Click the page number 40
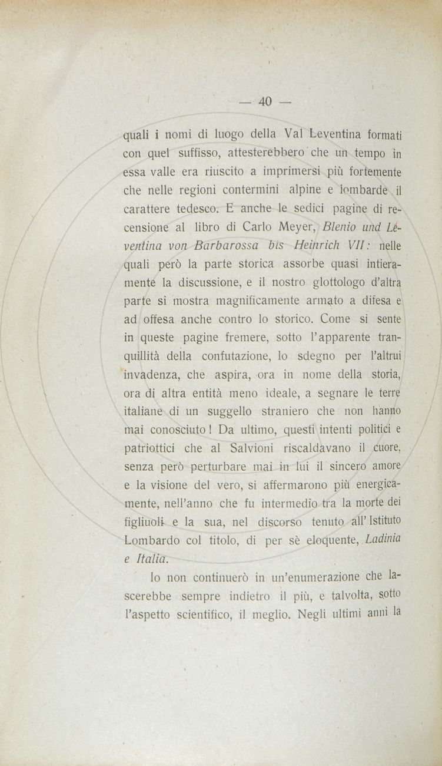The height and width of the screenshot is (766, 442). point(265,102)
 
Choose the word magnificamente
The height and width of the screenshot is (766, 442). point(256,301)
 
